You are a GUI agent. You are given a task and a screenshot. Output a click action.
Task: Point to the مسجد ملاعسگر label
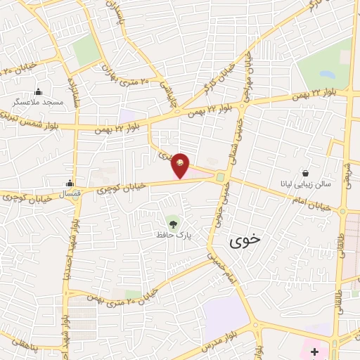pos(39,102)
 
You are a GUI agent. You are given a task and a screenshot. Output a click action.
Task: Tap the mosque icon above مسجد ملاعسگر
pos(38,91)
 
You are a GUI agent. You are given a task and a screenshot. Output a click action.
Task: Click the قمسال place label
pos(70,192)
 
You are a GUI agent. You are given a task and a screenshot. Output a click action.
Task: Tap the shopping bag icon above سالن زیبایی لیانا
pos(305,172)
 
